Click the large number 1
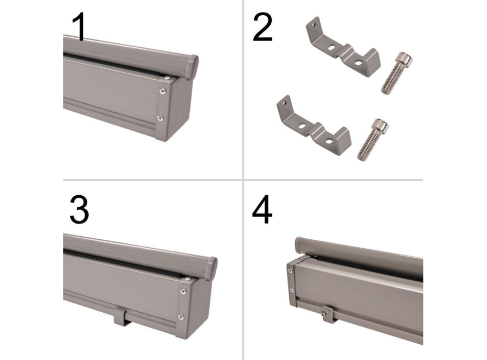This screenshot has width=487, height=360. click(x=80, y=27)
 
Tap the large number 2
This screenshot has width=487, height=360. click(x=263, y=27)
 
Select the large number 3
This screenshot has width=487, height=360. click(x=79, y=210)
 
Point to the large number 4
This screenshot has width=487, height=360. click(x=262, y=210)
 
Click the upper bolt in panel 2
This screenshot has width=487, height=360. click(x=397, y=73)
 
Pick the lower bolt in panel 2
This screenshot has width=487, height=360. click(x=373, y=140)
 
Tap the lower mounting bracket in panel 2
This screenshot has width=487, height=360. click(x=313, y=126)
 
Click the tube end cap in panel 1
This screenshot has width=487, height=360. click(x=192, y=67)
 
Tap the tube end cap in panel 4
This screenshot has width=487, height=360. click(x=300, y=246)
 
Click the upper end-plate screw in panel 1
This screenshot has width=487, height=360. click(x=163, y=91)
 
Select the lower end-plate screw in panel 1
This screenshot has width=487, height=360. click(x=160, y=118)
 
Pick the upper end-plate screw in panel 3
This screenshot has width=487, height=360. click(x=183, y=291)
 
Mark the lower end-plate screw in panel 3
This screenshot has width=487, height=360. click(x=181, y=317)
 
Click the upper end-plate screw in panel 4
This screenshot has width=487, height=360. click(x=290, y=271)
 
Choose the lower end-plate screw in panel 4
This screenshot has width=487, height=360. click(x=292, y=290)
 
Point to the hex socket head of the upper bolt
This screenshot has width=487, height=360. click(x=405, y=58)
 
